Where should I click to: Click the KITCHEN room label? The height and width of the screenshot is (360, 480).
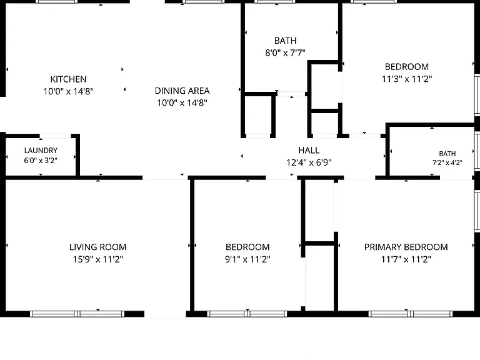[68, 79]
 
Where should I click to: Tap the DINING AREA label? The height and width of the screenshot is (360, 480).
[182, 91]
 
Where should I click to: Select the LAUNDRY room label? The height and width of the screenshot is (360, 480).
[41, 151]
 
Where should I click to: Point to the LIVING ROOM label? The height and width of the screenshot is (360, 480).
[97, 247]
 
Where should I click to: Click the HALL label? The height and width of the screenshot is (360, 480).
[309, 150]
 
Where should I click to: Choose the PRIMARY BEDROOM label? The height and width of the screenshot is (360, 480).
[406, 247]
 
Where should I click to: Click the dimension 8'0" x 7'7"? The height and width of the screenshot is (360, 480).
[285, 53]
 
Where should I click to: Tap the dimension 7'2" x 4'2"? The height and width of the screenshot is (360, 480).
[447, 162]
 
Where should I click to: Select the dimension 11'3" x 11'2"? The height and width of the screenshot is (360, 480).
[406, 79]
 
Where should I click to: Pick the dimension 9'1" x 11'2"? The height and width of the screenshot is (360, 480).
[247, 259]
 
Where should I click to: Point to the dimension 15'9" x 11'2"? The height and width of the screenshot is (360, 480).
[97, 259]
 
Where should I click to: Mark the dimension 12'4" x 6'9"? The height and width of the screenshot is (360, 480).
[309, 162]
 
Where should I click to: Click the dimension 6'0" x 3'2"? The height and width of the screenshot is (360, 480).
[41, 161]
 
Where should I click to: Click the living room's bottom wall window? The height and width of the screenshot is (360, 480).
[77, 314]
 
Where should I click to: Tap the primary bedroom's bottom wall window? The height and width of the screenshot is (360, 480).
[410, 314]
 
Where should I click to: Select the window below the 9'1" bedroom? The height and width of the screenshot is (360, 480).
[247, 314]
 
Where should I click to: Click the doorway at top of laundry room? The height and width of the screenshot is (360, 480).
[56, 136]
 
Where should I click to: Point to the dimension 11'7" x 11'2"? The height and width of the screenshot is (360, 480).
[406, 259]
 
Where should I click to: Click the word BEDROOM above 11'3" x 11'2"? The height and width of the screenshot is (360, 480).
[406, 67]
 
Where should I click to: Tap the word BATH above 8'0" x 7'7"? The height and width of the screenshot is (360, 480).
[285, 41]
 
